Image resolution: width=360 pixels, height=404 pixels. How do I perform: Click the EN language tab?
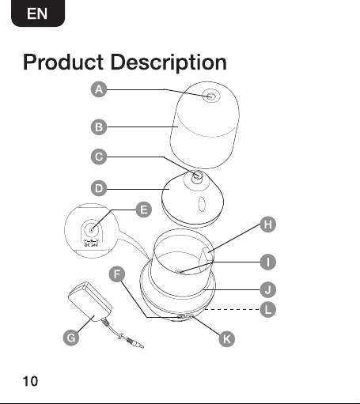pyautogui.click(x=38, y=13)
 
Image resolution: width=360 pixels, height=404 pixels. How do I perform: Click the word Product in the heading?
pyautogui.click(x=63, y=62)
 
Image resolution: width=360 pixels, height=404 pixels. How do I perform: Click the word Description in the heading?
pyautogui.click(x=169, y=63)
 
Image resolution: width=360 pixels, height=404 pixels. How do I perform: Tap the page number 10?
pyautogui.click(x=30, y=381)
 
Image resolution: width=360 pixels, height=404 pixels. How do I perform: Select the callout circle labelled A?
pyautogui.click(x=99, y=89)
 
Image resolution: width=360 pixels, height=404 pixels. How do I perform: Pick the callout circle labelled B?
pyautogui.click(x=99, y=127)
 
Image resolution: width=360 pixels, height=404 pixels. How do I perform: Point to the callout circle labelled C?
pyautogui.click(x=99, y=157)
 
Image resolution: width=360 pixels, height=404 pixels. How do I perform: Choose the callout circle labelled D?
pyautogui.click(x=99, y=188)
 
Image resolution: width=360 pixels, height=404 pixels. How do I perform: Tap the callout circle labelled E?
pyautogui.click(x=144, y=210)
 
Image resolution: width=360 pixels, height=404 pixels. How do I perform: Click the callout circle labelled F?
pyautogui.click(x=117, y=274)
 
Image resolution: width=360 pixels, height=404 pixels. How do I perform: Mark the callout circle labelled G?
pyautogui.click(x=71, y=338)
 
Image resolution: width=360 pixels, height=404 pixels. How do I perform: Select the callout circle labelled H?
pyautogui.click(x=268, y=225)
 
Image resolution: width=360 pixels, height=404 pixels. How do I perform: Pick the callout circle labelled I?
pyautogui.click(x=268, y=262)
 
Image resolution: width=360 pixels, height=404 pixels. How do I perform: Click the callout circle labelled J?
pyautogui.click(x=268, y=290)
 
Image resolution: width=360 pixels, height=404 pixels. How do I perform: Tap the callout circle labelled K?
pyautogui.click(x=227, y=339)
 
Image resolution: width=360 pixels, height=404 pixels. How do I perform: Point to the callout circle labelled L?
pyautogui.click(x=268, y=309)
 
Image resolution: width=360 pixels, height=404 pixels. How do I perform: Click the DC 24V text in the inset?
pyautogui.click(x=91, y=245)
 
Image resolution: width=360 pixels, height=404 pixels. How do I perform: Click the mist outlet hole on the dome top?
pyautogui.click(x=211, y=96)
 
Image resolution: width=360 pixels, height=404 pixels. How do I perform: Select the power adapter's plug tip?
pyautogui.click(x=141, y=346)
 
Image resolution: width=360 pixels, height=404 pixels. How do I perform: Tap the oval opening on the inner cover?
pyautogui.click(x=202, y=204)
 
